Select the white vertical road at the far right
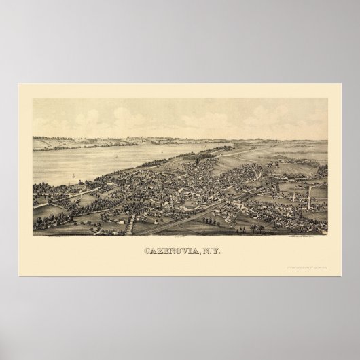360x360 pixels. tap(309, 196)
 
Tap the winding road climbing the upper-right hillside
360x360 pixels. tap(272, 154)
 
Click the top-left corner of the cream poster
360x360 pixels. tap(20, 84)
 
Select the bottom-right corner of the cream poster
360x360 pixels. tap(340, 275)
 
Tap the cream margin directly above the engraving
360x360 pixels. tap(180, 92)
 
